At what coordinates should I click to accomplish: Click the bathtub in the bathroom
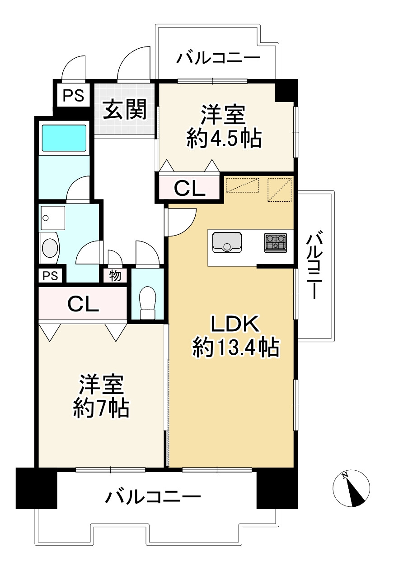[64, 138]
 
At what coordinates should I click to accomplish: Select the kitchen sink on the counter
[227, 241]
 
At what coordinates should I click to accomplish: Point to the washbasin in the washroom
[50, 247]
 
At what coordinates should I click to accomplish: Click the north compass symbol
[351, 488]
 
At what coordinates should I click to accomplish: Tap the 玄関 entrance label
[125, 110]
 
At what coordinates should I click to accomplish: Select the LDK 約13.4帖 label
[235, 336]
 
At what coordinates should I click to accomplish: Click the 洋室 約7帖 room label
[101, 396]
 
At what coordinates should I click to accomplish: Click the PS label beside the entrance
[73, 96]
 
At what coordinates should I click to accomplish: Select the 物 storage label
[115, 275]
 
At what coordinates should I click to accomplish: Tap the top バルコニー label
[218, 59]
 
